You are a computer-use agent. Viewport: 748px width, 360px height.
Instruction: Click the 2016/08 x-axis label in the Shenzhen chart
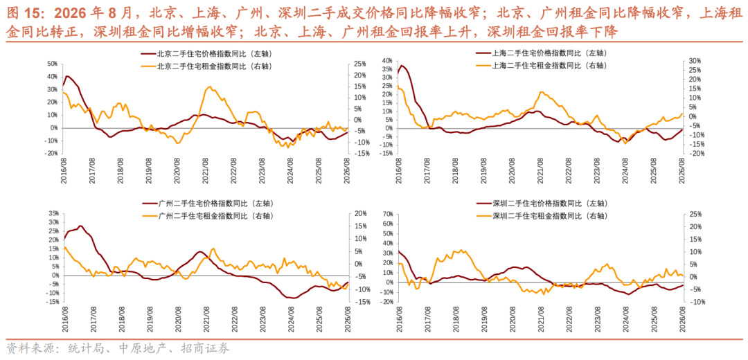tap(399, 319)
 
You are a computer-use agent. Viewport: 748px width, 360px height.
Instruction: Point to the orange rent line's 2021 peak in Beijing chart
tap(211, 87)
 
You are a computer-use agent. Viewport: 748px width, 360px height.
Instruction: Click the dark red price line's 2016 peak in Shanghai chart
tap(402, 65)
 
